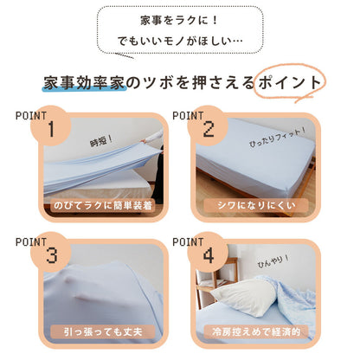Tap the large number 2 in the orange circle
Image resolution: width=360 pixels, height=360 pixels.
[x=208, y=130]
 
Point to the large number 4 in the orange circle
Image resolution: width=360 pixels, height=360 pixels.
[x=208, y=257]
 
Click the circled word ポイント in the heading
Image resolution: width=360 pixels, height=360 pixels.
[x=288, y=82]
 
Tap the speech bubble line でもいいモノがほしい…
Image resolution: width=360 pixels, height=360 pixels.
[x=180, y=42]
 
